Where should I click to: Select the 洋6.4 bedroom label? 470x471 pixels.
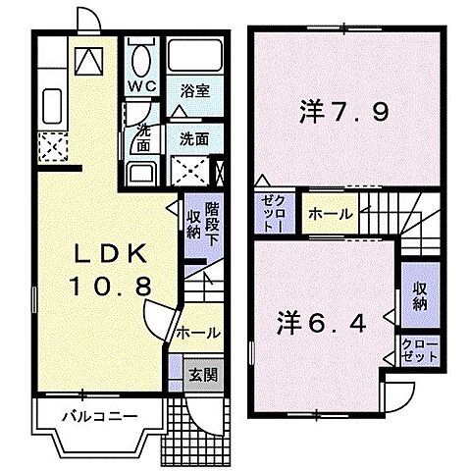[323, 321]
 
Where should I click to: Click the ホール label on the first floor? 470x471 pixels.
[198, 334]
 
